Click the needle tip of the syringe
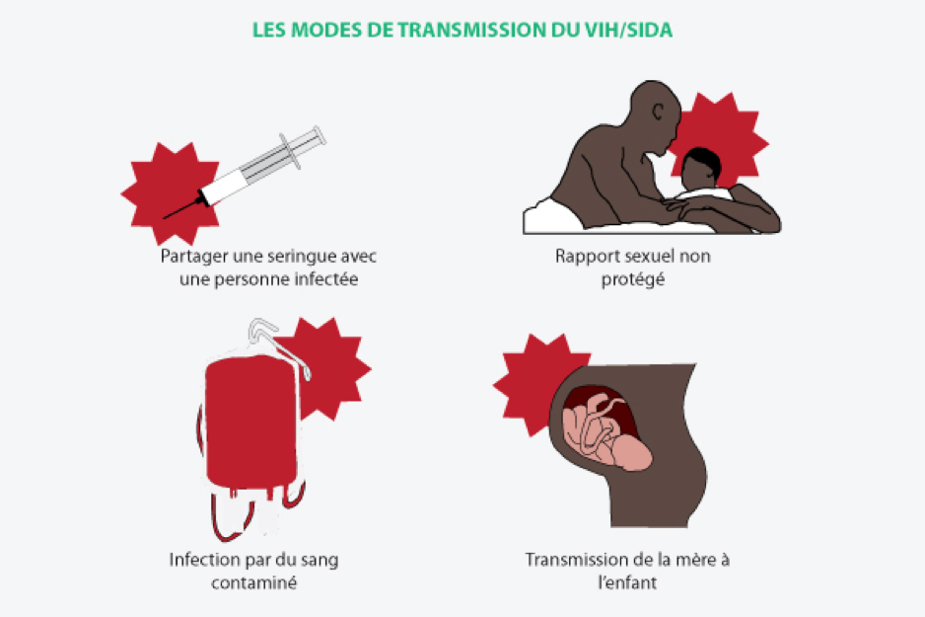click(x=165, y=217)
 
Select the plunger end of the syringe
click(x=320, y=136)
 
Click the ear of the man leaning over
click(x=658, y=112)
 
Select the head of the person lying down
click(x=700, y=167)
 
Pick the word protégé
click(x=632, y=279)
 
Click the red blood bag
click(x=251, y=423)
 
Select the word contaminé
click(x=253, y=582)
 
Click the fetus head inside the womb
click(x=631, y=452)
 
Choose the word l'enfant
click(x=626, y=582)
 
